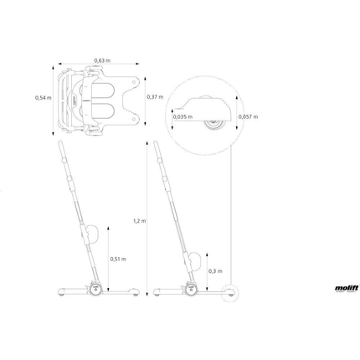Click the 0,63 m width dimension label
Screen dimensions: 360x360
tap(102, 60)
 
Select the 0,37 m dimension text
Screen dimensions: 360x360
tap(153, 97)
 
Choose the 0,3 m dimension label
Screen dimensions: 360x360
tap(215, 270)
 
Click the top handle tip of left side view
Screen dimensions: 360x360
tap(61, 144)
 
